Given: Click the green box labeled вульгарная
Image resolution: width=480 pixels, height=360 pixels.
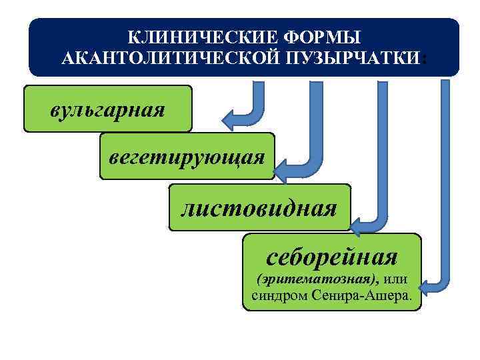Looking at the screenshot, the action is click(107, 108).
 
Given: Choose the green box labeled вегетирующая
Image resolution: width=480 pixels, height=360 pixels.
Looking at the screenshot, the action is click(187, 157).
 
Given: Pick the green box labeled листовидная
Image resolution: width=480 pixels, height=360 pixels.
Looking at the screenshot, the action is click(259, 209).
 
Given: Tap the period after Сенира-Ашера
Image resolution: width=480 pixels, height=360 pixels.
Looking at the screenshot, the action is click(409, 297).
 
